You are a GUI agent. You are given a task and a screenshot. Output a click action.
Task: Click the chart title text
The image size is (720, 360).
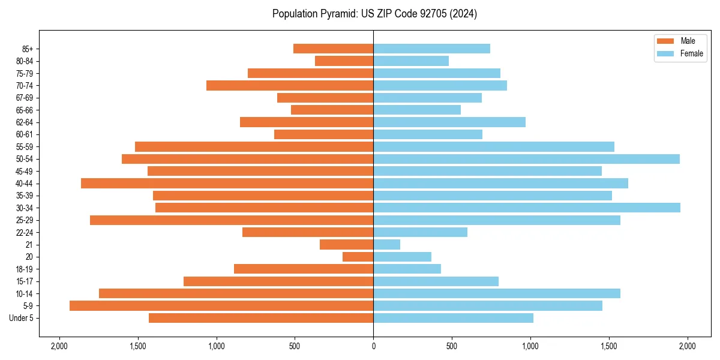click(374, 14)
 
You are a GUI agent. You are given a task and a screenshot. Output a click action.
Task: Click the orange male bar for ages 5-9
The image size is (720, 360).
click(221, 306)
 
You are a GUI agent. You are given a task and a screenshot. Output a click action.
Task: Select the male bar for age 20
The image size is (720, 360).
click(358, 257)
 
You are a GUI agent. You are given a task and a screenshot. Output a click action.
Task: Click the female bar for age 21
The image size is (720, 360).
click(387, 244)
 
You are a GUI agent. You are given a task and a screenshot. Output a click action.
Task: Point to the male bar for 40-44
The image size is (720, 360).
click(227, 183)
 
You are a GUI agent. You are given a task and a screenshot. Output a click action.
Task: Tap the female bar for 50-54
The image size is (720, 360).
click(526, 159)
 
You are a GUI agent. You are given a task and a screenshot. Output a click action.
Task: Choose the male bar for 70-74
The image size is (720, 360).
click(290, 85)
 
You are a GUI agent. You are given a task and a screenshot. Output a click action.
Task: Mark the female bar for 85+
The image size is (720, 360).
click(431, 49)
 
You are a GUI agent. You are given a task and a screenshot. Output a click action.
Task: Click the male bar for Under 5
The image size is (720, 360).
click(261, 318)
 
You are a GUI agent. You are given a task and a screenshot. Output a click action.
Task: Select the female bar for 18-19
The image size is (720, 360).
click(407, 269)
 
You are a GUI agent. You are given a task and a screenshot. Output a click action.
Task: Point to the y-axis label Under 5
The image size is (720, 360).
click(22, 318)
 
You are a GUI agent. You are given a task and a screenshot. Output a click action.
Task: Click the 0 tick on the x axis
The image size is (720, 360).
click(373, 346)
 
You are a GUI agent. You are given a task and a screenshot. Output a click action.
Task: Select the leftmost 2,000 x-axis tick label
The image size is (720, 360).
click(59, 346)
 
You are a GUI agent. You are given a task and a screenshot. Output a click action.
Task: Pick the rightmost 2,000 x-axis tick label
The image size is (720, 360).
click(688, 346)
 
